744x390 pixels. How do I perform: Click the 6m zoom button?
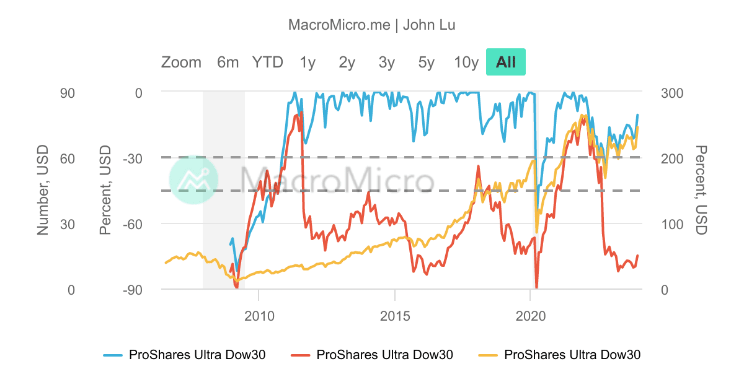tap(228, 62)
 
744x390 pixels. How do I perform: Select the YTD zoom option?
tap(267, 62)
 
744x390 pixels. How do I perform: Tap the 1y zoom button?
tap(308, 62)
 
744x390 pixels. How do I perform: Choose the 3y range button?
tap(387, 62)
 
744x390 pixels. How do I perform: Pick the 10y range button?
tap(466, 62)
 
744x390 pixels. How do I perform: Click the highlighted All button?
tap(506, 62)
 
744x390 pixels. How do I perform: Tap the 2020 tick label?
tap(531, 314)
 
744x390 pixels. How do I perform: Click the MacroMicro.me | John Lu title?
tap(372, 25)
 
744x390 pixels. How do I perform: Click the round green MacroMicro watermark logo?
tap(193, 180)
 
